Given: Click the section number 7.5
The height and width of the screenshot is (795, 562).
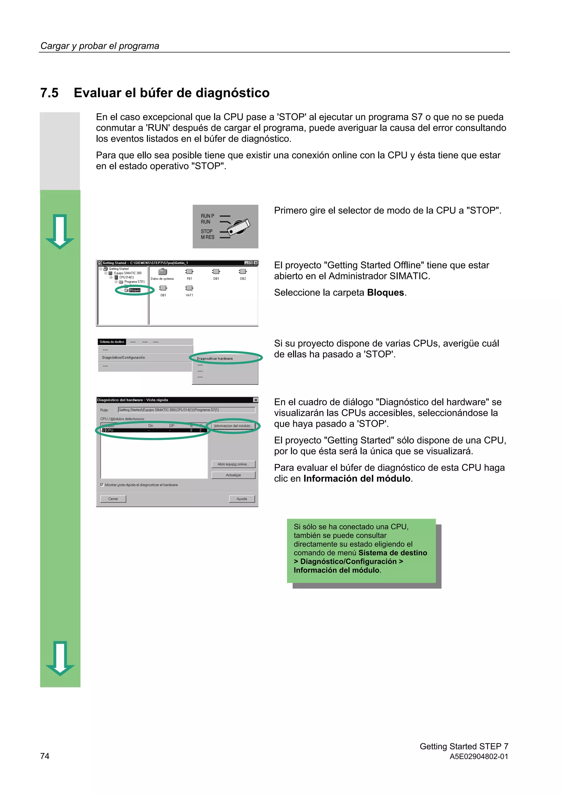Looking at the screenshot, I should pyautogui.click(x=49, y=93).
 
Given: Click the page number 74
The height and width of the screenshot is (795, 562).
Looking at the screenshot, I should pyautogui.click(x=45, y=756).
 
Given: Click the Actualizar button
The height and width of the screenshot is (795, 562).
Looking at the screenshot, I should pyautogui.click(x=233, y=475).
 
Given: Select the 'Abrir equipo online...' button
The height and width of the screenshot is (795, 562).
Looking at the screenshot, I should pyautogui.click(x=233, y=464).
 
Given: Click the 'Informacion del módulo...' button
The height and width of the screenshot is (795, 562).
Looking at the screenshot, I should pyautogui.click(x=233, y=426).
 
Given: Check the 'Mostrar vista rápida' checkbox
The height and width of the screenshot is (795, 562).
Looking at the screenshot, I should pyautogui.click(x=102, y=485).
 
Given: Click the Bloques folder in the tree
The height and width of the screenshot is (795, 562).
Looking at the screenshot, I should pyautogui.click(x=134, y=290).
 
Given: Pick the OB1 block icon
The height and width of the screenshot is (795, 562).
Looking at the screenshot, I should pyautogui.click(x=163, y=288).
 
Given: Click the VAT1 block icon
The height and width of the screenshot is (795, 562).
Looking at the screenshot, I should pyautogui.click(x=189, y=288).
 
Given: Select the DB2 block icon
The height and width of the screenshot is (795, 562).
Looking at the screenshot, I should pyautogui.click(x=243, y=271).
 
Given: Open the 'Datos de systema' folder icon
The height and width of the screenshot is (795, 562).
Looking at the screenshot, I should pyautogui.click(x=162, y=272).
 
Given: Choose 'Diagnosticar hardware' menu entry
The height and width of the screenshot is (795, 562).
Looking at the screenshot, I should pyautogui.click(x=215, y=358).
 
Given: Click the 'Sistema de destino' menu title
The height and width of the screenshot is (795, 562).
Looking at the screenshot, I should pyautogui.click(x=112, y=342).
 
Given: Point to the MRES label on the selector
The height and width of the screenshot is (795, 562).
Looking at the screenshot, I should pyautogui.click(x=207, y=237).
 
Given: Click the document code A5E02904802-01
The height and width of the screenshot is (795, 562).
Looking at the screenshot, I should pyautogui.click(x=479, y=757).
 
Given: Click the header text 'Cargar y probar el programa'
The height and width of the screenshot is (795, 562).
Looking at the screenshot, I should pyautogui.click(x=100, y=46).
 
